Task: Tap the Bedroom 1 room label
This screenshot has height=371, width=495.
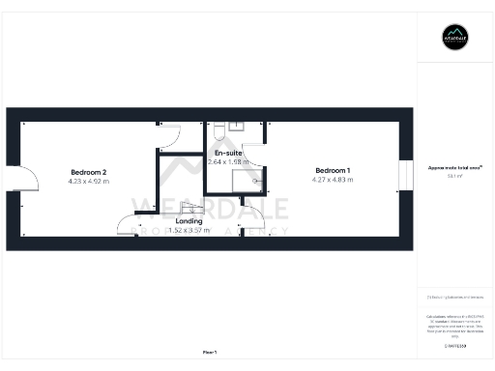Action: pos(333,171)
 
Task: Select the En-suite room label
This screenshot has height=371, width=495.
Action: pos(227,154)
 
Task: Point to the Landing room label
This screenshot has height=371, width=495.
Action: pos(189,221)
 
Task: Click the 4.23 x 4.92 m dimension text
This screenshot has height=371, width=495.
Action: pos(88,181)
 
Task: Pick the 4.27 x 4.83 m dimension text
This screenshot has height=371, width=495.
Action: pos(333,181)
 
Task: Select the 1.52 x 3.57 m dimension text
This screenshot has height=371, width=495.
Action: pos(189,231)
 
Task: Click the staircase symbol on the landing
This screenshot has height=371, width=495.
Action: pos(190,208)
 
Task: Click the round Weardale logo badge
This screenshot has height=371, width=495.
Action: pos(455,37)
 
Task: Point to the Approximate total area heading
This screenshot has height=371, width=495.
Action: pos(454,167)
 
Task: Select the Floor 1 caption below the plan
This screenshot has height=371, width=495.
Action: pos(210,352)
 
